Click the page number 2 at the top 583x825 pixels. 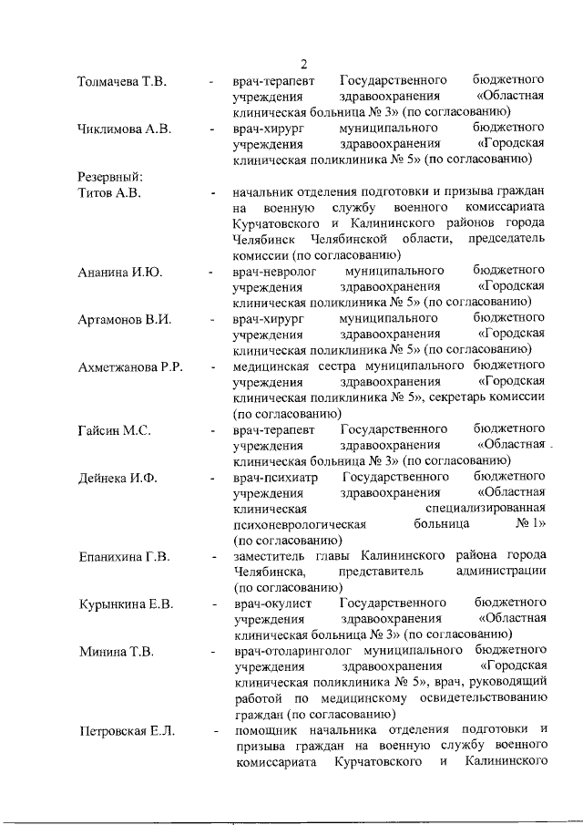(304, 64)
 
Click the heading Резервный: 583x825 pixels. (110, 176)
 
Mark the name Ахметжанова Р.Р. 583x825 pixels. (131, 366)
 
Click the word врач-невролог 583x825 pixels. (272, 272)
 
